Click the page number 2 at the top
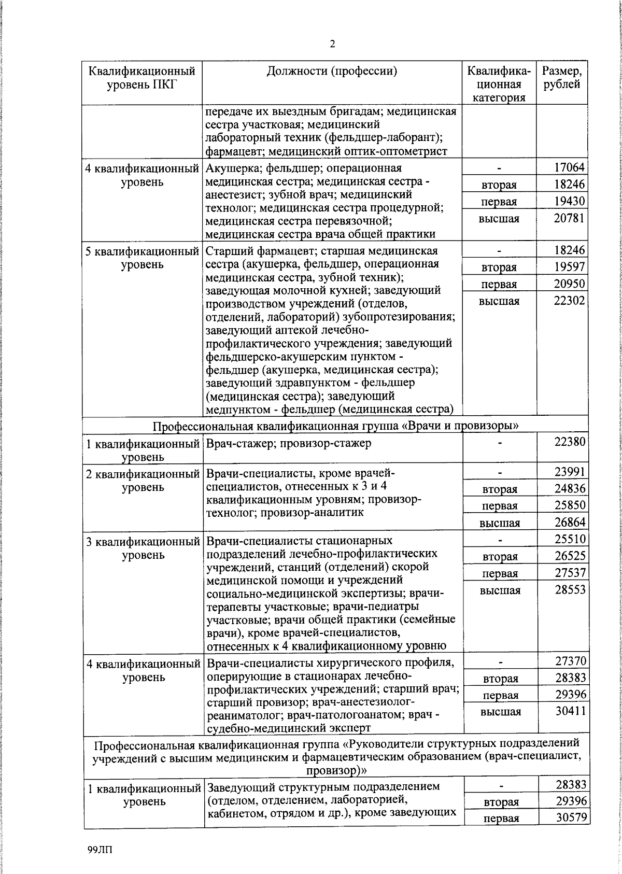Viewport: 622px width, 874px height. point(332,44)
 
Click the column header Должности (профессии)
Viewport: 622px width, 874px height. point(332,71)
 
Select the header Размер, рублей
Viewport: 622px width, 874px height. point(562,78)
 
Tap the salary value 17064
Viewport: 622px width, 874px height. point(569,167)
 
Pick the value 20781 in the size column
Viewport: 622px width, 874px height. point(569,218)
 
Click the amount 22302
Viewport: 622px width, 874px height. point(569,301)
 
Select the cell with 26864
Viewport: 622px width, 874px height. point(569,522)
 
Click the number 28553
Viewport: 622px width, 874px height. point(569,589)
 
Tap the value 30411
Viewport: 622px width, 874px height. point(570,711)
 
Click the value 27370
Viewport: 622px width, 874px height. point(570,661)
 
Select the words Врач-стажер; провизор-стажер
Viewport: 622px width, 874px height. point(289,443)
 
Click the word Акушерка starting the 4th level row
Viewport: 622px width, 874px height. point(230,168)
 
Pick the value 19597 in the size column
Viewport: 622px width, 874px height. point(569,266)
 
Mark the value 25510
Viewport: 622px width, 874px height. point(569,539)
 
